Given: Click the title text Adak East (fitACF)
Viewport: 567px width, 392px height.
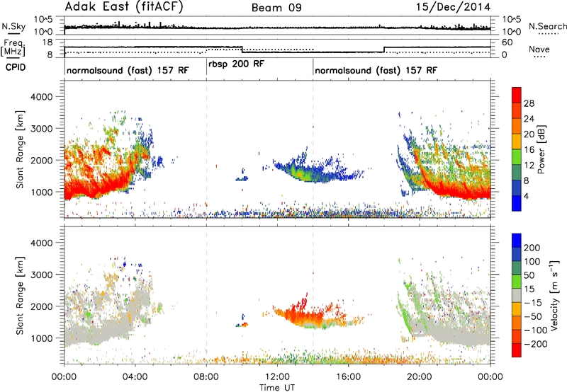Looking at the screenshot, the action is (124, 7).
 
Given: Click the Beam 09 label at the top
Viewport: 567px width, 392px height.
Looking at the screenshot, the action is (276, 8).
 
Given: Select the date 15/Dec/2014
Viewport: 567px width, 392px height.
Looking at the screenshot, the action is (453, 7).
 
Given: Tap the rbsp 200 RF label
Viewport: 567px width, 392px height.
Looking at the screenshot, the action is (237, 64).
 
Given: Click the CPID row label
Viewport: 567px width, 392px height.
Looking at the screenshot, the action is (16, 67).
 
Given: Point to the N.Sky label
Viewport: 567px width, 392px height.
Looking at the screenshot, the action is (13, 26).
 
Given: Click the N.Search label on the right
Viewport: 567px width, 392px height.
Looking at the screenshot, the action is (547, 26).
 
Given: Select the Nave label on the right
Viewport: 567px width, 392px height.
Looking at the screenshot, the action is (539, 49).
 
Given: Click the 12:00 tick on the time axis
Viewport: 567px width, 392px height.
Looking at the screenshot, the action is (277, 377).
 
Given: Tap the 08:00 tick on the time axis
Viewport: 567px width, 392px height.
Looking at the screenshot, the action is (206, 377).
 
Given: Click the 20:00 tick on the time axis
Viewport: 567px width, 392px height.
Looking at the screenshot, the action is (420, 377).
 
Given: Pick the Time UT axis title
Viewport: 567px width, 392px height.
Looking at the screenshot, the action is (277, 388).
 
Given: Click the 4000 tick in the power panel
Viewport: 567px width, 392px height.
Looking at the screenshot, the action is (41, 97).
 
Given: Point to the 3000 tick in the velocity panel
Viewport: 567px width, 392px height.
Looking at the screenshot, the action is (41, 275).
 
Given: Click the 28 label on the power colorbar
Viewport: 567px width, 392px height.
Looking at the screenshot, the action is (529, 103).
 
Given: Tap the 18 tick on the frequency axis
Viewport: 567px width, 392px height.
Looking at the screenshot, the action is (47, 42).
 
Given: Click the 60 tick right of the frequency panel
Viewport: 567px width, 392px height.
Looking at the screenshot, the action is (507, 42).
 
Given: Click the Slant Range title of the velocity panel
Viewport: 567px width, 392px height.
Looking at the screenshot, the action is (20, 296).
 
